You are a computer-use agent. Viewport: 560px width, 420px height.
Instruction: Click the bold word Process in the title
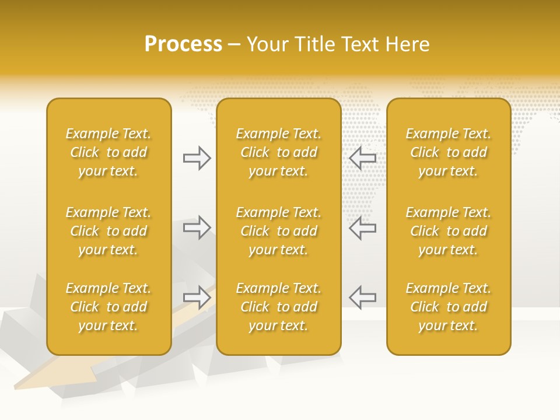click(183, 44)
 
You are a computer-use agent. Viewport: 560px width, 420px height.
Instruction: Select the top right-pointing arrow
click(197, 158)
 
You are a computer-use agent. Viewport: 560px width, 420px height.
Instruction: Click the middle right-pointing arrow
click(197, 228)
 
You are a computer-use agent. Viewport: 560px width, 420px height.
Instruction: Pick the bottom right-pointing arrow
click(197, 297)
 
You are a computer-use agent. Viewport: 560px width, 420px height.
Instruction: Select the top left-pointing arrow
click(363, 158)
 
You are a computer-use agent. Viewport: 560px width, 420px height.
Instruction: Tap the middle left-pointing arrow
click(363, 228)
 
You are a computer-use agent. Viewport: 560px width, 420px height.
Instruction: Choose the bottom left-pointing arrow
click(363, 297)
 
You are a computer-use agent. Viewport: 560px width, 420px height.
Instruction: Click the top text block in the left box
click(108, 152)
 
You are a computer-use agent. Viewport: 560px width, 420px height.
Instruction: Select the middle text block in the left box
click(108, 231)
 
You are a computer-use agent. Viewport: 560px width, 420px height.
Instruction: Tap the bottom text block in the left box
click(108, 307)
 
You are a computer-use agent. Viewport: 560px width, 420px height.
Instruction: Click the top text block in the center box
click(278, 152)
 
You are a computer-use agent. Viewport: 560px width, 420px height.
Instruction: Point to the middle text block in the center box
click(278, 231)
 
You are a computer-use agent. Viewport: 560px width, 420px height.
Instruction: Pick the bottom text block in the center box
click(278, 307)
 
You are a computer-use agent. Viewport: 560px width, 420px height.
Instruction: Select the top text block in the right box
click(448, 152)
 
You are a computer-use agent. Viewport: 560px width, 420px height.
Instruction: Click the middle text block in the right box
click(448, 231)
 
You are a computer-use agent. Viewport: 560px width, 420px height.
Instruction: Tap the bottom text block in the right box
click(448, 307)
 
